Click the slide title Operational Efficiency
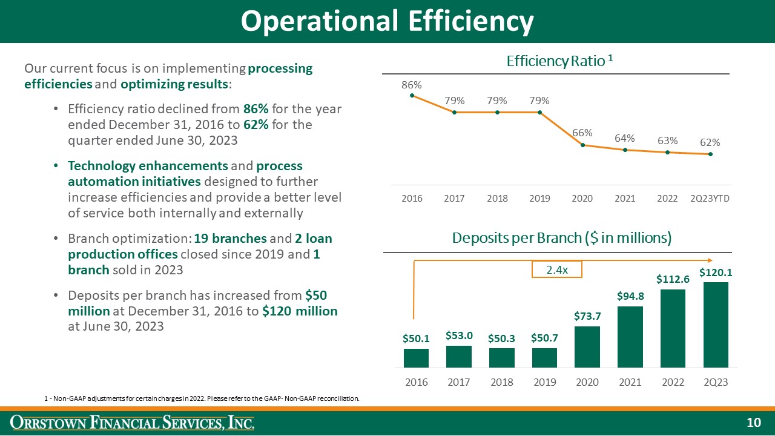(387, 21)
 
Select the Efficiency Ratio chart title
(560, 61)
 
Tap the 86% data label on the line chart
(412, 85)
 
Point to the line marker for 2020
(582, 145)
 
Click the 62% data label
(710, 143)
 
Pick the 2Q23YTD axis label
(710, 199)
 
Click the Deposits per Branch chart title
(562, 238)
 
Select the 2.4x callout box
(556, 269)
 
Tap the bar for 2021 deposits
(630, 337)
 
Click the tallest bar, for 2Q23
(716, 325)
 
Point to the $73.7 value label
(587, 316)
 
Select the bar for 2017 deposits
(459, 356)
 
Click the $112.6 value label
(673, 279)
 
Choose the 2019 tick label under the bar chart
(544, 382)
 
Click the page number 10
(753, 423)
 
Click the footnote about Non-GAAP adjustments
(202, 398)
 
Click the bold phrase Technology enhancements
(148, 166)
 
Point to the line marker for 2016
(412, 95)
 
